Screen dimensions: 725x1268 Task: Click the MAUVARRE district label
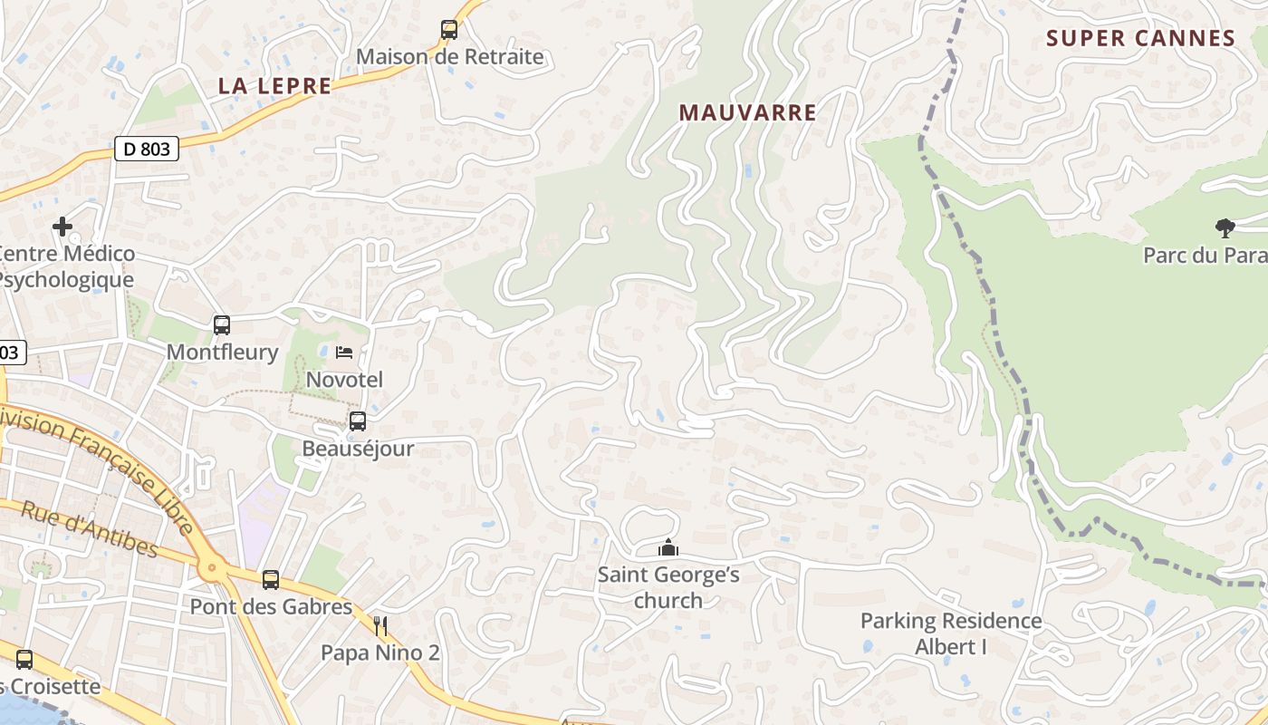point(747,112)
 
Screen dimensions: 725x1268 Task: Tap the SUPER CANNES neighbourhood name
point(1140,38)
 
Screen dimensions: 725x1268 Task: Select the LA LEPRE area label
point(274,86)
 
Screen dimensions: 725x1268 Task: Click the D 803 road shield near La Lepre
point(147,149)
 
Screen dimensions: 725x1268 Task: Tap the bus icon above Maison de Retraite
point(449,30)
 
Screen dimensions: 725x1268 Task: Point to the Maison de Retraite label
point(449,57)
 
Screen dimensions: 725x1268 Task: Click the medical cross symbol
point(62,226)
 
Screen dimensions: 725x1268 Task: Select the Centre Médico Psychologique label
point(65,266)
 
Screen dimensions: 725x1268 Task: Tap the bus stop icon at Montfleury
point(222,325)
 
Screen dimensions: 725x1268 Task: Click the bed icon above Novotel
point(344,352)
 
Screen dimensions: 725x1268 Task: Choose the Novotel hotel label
point(344,380)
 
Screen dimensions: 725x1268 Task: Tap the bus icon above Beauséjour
point(358,421)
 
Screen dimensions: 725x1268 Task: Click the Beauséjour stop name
point(358,449)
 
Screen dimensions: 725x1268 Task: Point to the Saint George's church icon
point(668,548)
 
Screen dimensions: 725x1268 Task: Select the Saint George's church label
point(668,587)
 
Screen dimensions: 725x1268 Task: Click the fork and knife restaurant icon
point(380,625)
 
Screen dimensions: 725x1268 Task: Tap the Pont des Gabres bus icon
point(271,580)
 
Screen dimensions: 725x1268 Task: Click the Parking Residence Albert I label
point(951,633)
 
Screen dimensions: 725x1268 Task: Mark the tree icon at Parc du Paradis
point(1225,227)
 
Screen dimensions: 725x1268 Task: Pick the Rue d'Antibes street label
point(89,529)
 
